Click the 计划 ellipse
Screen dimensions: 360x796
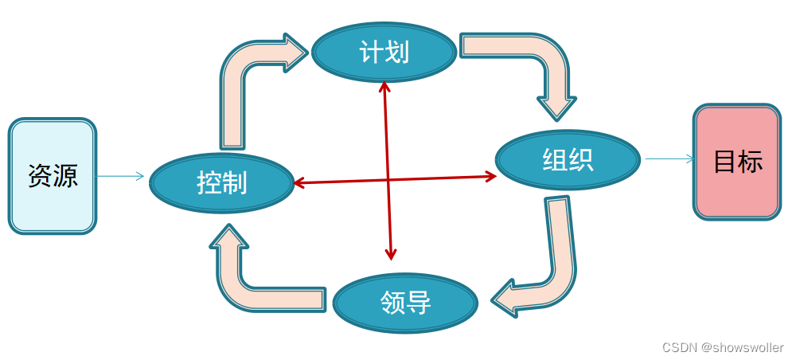pyautogui.click(x=384, y=53)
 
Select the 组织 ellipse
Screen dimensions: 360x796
pyautogui.click(x=568, y=160)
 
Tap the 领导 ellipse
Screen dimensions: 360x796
pyautogui.click(x=405, y=302)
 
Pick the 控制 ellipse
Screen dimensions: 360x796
pyautogui.click(x=222, y=183)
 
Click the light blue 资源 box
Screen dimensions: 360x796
pyautogui.click(x=53, y=176)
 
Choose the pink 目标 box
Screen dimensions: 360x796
pyautogui.click(x=737, y=162)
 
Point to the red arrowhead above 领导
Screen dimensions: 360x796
pyautogui.click(x=391, y=254)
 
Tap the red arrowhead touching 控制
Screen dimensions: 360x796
pyautogui.click(x=298, y=183)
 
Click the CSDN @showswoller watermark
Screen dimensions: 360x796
pyautogui.click(x=723, y=348)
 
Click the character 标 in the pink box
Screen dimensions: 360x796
pyautogui.click(x=750, y=162)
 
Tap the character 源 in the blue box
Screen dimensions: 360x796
pyautogui.click(x=65, y=176)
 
